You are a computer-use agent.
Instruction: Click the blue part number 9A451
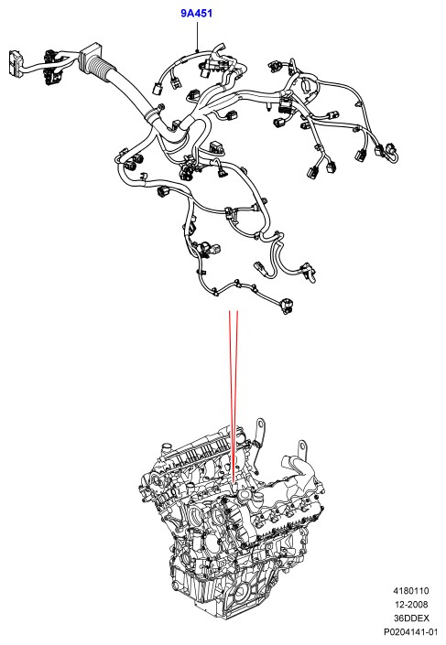click(196, 13)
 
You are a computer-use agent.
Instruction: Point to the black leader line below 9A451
click(197, 37)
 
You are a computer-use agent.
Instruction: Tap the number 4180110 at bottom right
click(410, 591)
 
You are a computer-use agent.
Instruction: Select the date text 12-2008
click(411, 604)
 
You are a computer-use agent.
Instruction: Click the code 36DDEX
click(411, 618)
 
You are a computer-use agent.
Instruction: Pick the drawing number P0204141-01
click(410, 631)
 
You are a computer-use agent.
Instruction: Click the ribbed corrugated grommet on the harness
click(101, 69)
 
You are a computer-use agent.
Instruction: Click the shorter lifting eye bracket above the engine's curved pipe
click(303, 448)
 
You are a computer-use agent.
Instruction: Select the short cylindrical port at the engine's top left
click(166, 447)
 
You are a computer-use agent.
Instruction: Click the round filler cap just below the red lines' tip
click(244, 494)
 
